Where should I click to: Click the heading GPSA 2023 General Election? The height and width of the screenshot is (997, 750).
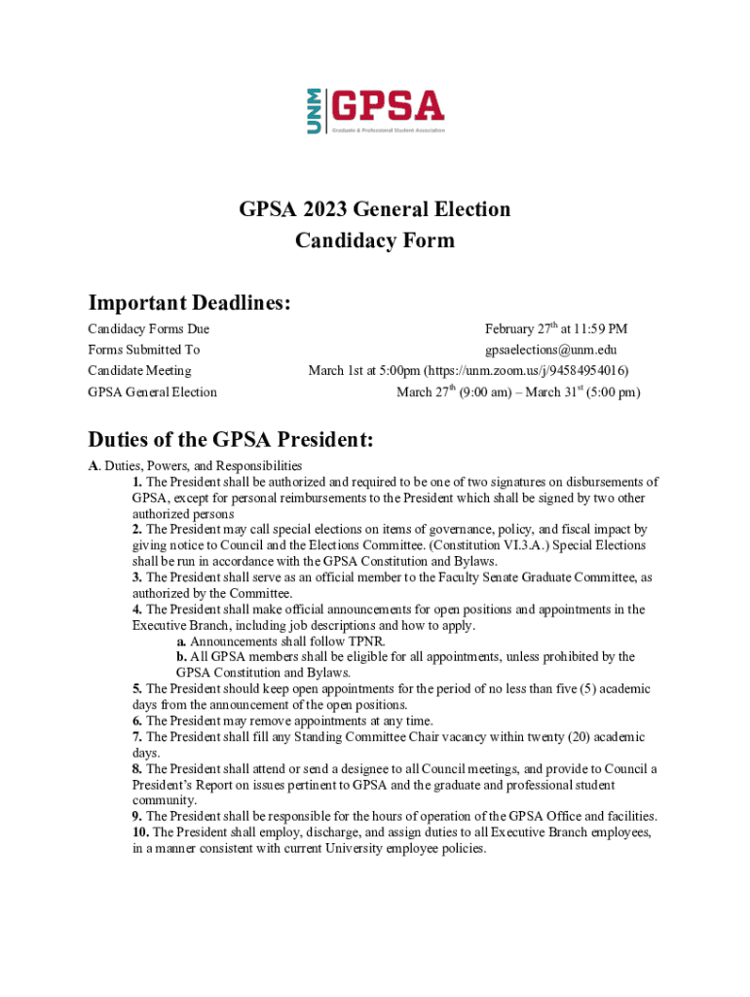[x=375, y=209]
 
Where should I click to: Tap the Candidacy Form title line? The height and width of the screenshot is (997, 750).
[x=375, y=240]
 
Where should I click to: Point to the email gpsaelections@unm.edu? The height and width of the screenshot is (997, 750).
[x=551, y=350]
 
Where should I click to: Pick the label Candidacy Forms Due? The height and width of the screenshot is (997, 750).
[x=148, y=329]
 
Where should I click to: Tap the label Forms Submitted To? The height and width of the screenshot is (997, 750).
[x=143, y=350]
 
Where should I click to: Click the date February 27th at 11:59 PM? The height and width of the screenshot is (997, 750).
[x=555, y=329]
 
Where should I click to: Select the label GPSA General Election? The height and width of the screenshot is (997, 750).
[x=152, y=392]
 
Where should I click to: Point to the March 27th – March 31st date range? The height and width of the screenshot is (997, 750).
[x=518, y=392]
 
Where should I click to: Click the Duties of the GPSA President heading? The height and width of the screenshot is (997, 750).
[x=231, y=439]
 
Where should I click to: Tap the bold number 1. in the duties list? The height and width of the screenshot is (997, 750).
[x=137, y=482]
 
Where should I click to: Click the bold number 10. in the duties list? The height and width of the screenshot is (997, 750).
[x=140, y=832]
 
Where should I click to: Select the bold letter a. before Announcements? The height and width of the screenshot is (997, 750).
[x=181, y=642]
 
